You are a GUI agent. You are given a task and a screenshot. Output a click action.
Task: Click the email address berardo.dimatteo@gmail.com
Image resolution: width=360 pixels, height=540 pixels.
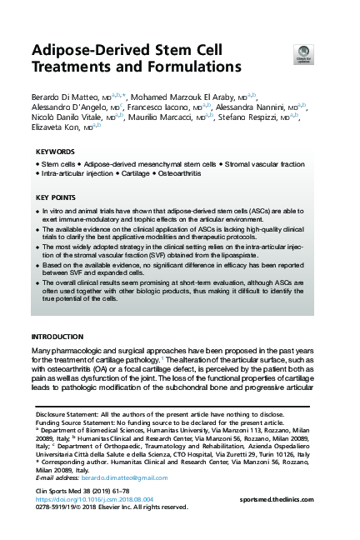tap(120, 477)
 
